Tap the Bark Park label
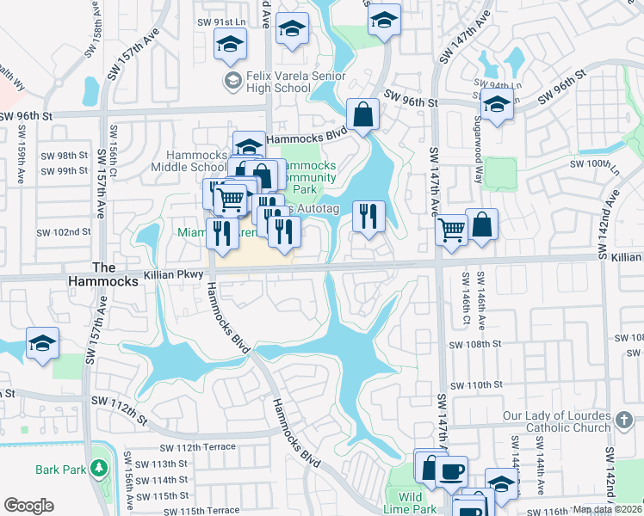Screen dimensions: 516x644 59,470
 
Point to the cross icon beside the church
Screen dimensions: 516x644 623,421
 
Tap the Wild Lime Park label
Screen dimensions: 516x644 411,502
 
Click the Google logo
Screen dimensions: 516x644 28,506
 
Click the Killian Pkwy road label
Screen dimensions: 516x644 175,274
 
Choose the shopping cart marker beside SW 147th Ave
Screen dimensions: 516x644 451,230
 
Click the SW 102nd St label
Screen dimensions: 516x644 64,232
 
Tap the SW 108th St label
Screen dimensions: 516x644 475,344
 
